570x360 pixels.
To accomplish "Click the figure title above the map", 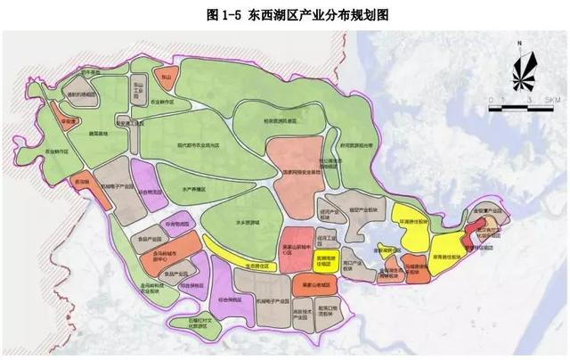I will [x=286, y=14].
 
